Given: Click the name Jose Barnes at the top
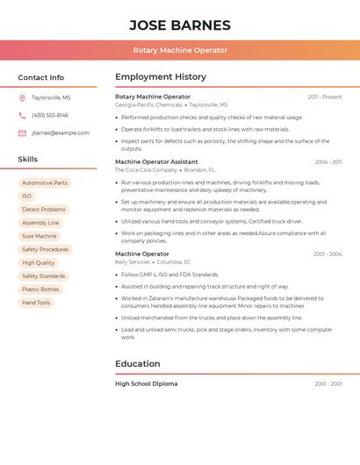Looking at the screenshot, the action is [180, 25].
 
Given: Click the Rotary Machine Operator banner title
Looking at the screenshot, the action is [180, 50].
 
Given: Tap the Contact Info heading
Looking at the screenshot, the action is [40, 77].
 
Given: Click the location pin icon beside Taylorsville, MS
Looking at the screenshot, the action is [22, 98].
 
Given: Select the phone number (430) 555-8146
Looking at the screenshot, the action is [50, 115].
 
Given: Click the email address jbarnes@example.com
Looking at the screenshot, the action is [61, 132].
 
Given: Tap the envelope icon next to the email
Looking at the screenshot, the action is [22, 132].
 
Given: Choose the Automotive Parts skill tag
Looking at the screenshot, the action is [45, 183].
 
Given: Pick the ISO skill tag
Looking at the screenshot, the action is [26, 197].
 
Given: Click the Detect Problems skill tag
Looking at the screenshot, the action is [44, 210].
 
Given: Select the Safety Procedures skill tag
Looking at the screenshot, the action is [45, 249].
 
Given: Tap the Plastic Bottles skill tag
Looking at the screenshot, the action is [40, 289].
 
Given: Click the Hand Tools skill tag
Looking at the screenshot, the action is [36, 303].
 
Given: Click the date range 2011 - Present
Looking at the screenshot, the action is [325, 97].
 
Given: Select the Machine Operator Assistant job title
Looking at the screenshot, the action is [156, 161].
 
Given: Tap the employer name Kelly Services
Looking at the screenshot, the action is [133, 261].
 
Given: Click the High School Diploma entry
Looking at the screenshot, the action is [146, 383].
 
